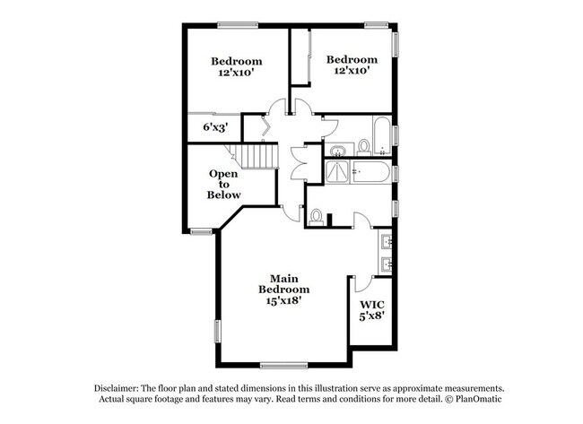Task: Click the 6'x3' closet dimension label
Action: pos(215,127)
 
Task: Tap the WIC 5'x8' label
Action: pos(372,311)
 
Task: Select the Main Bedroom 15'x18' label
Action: pos(284,290)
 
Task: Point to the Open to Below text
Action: pos(223,185)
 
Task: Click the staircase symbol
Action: pos(254,156)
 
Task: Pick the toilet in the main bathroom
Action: pos(317,218)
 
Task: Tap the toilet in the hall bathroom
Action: pos(363,147)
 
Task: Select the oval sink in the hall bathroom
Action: pos(338,151)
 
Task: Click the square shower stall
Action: pos(337,172)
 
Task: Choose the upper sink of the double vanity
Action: pos(386,242)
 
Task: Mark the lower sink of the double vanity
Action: pos(386,265)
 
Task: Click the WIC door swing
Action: pos(363,283)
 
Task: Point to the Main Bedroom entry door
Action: pos(291,213)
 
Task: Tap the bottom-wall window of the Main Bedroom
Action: pos(283,366)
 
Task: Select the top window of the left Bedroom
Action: pos(238,25)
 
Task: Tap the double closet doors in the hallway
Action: pos(298,163)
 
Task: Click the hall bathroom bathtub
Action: pos(381,136)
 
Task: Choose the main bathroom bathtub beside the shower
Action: pos(371,172)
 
